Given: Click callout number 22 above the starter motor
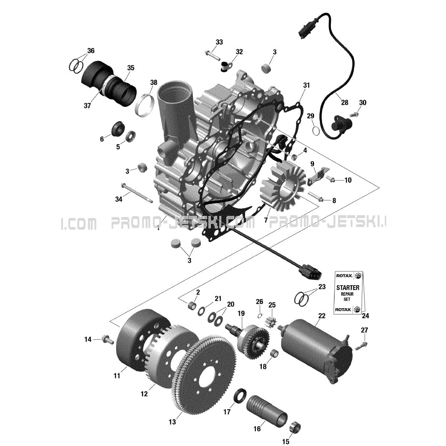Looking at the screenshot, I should (x=322, y=316).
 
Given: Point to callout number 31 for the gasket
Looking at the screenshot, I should (x=307, y=85).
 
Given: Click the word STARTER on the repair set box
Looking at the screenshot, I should (x=348, y=288).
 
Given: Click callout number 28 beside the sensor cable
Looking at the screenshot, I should (x=344, y=103).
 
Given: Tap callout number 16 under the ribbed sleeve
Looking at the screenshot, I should (x=257, y=429).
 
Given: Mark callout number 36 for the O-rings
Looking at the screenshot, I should (x=91, y=51).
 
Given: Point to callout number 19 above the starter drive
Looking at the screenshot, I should (x=241, y=313).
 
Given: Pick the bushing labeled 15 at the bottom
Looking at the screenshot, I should (x=295, y=427).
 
